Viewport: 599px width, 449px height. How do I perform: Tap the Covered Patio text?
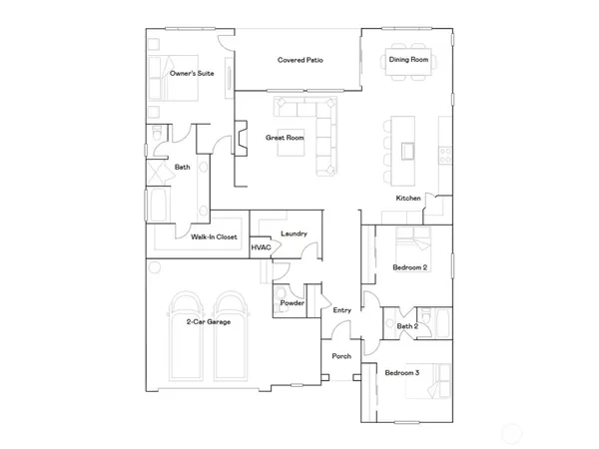[x=298, y=61]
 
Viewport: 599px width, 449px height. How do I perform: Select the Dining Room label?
[x=408, y=61]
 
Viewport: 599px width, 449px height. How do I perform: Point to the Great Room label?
[x=285, y=138]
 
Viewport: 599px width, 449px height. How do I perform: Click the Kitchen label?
[x=408, y=199]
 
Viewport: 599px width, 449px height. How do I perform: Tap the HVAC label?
[x=261, y=247]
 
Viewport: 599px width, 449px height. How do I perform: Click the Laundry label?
[x=294, y=234]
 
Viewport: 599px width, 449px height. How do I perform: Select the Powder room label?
[x=292, y=302]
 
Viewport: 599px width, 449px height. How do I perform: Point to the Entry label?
[x=342, y=310]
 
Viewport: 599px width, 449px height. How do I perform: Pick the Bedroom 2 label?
[x=409, y=268]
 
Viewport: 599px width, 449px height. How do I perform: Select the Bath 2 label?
[x=406, y=326]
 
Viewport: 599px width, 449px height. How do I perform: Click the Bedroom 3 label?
[x=403, y=373]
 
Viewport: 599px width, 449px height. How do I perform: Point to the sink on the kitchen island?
[x=408, y=151]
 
